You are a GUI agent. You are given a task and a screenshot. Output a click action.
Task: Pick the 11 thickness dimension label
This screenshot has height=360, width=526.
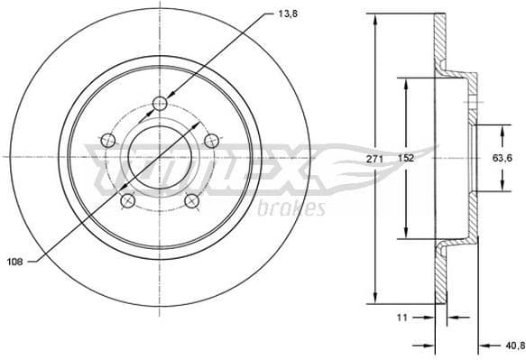pyautogui.click(x=403, y=318)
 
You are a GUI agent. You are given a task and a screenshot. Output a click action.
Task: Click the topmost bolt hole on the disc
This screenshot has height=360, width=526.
pyautogui.click(x=160, y=102)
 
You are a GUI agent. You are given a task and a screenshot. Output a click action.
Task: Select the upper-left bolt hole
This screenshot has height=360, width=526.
pyautogui.click(x=108, y=139)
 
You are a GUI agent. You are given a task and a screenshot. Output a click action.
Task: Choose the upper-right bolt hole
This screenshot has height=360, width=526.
pyautogui.click(x=212, y=139)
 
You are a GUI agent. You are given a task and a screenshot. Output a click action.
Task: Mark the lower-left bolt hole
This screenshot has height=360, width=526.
pyautogui.click(x=128, y=199)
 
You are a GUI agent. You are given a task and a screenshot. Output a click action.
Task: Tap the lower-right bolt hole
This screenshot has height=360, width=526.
pyautogui.click(x=192, y=199)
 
